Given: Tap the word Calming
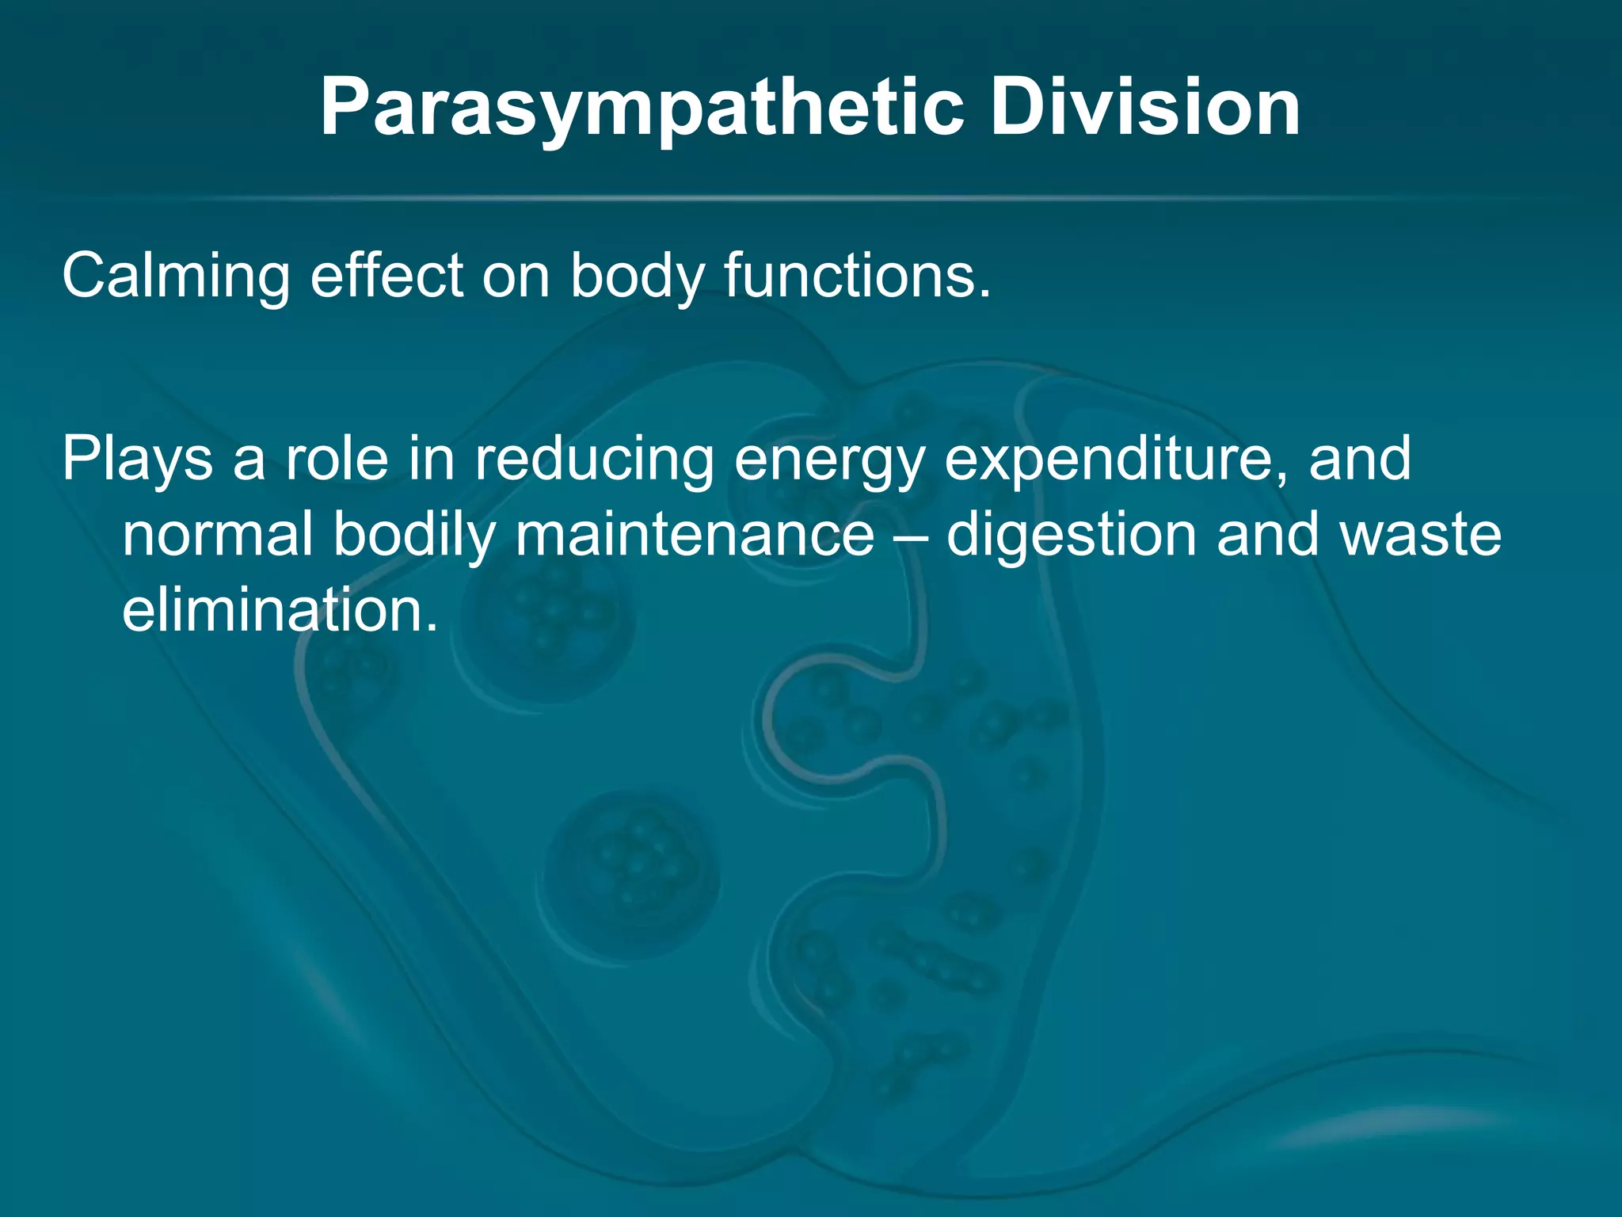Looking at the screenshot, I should [x=176, y=277].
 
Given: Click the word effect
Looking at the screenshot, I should [x=386, y=275].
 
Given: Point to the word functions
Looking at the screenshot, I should [x=857, y=275].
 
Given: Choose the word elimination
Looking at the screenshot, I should [x=280, y=610].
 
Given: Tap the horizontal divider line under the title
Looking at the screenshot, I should [x=811, y=197].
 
